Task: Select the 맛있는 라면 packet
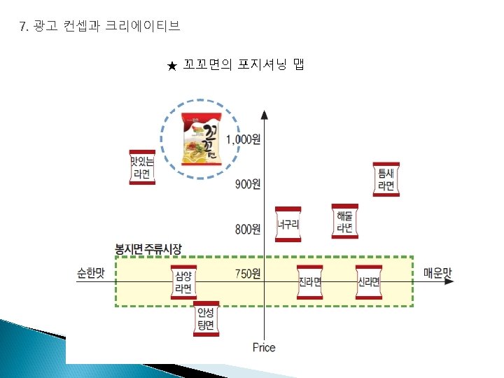[x=142, y=167]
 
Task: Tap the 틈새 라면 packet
[x=386, y=179]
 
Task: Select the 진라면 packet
[x=309, y=283]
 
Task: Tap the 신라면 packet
[x=368, y=283]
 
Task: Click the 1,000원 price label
[x=243, y=140]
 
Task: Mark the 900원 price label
[x=247, y=184]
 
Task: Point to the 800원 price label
[x=247, y=228]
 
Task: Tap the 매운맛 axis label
[x=437, y=273]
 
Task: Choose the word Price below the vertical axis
[x=264, y=348]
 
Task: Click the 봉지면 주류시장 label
[x=148, y=248]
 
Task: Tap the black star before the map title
[x=171, y=66]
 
